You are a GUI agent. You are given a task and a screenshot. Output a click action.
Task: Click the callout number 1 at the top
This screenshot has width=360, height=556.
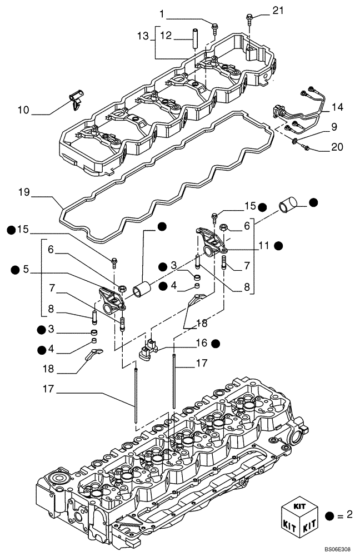162,13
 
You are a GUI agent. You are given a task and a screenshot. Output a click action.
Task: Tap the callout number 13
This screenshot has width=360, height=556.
143,36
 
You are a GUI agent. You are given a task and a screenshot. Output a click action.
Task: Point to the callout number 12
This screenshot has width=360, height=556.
166,36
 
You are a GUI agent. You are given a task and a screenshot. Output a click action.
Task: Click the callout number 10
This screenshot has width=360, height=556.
23,110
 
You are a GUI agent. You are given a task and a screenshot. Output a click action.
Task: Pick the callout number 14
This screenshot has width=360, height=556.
337,106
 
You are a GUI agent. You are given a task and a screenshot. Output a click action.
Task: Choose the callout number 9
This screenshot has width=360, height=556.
334,127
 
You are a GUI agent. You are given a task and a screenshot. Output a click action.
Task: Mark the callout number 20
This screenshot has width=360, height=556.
337,147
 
